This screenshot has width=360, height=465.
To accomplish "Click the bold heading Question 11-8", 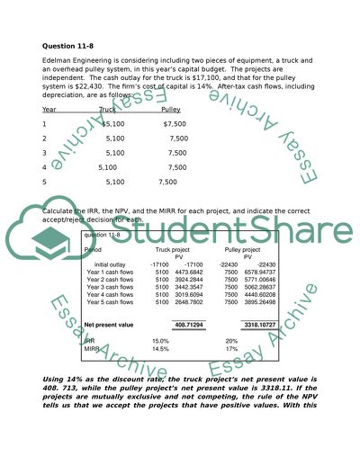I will coord(69,47).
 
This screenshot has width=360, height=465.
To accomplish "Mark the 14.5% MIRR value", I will coord(160,349).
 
